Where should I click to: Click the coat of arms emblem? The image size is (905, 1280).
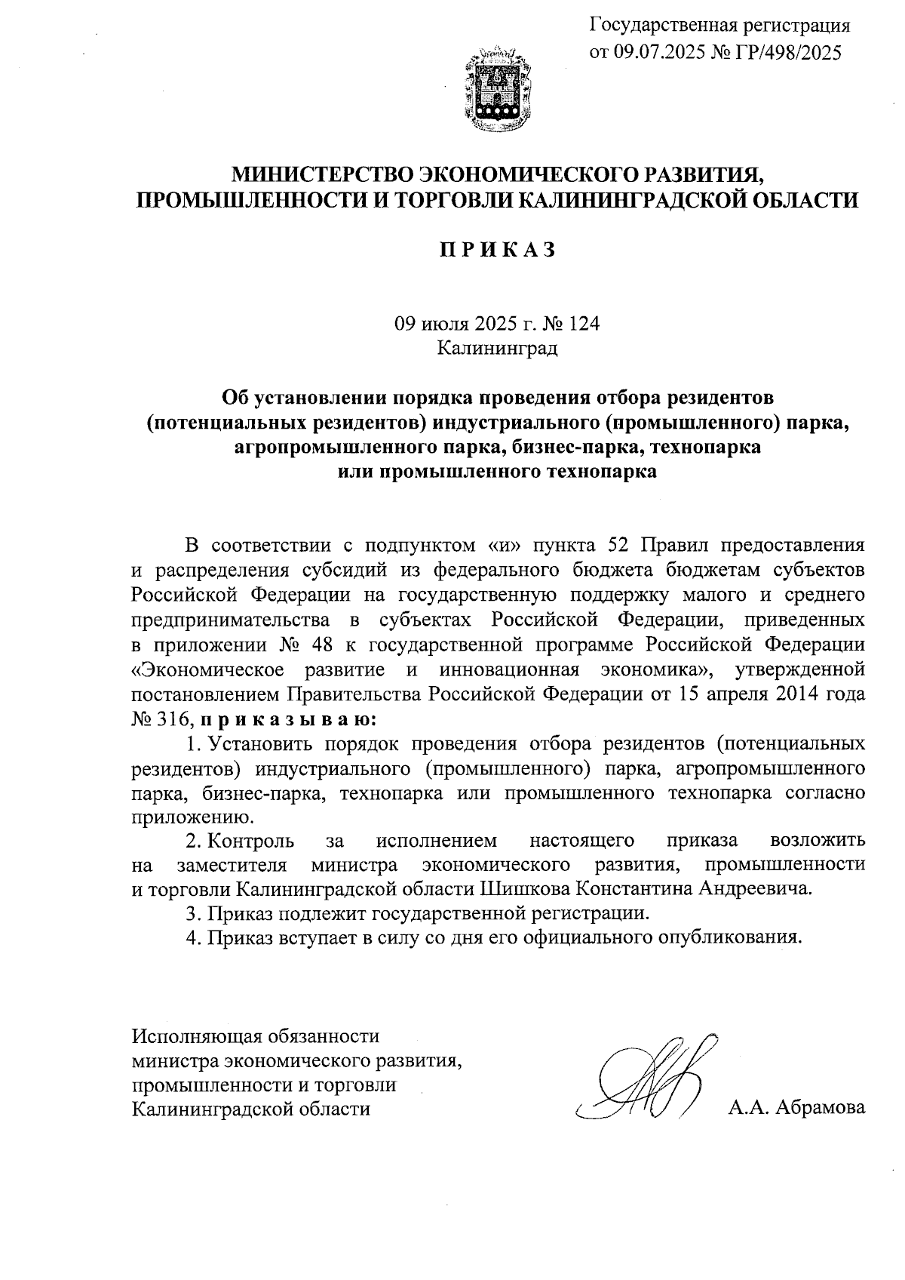494,90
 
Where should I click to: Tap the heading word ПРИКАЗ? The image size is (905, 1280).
498,250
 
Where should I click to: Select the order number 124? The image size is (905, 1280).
583,324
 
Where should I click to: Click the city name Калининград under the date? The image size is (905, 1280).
498,348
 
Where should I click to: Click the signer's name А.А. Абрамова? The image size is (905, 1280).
796,1109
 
